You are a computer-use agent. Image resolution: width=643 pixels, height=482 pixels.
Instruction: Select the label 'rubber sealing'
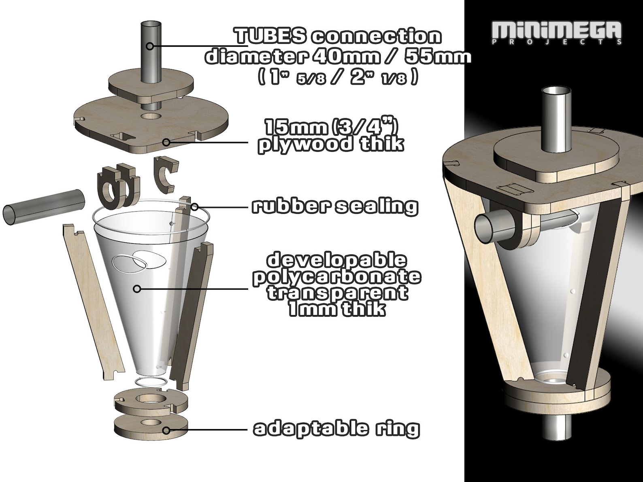pyautogui.click(x=334, y=206)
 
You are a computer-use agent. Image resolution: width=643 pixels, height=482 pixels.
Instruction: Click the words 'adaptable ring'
pyautogui.click(x=336, y=429)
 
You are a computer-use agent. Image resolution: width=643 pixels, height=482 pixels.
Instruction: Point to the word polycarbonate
pyautogui.click(x=336, y=277)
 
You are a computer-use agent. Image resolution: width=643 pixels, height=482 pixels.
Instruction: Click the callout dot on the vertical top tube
pyautogui.click(x=150, y=46)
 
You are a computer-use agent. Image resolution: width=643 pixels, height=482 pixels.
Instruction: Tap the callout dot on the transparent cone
pyautogui.click(x=137, y=289)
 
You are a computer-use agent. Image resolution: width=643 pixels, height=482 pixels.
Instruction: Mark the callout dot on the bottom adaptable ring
pyautogui.click(x=166, y=430)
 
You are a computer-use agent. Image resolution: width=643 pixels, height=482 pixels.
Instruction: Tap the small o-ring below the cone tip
pyautogui.click(x=150, y=381)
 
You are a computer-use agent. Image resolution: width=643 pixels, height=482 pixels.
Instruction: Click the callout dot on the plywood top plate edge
pyautogui.click(x=166, y=142)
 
